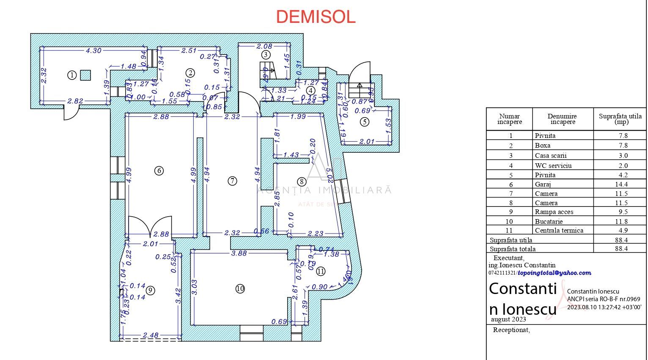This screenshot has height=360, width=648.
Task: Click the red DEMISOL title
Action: (316, 17)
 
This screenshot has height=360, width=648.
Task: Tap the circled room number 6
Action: (159, 171)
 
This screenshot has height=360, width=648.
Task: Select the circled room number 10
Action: (240, 289)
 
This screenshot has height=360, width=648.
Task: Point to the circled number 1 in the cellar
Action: (72, 75)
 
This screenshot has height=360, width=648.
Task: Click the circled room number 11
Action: (321, 271)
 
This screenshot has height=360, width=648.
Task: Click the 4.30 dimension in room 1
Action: (93, 51)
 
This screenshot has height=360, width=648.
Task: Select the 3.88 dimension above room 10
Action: (239, 253)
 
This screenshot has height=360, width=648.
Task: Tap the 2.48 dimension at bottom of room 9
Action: (151, 335)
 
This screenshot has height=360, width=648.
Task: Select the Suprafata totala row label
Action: (512, 249)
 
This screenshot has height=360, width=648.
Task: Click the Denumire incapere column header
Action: (563, 119)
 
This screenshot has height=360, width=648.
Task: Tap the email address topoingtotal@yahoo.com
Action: (555, 273)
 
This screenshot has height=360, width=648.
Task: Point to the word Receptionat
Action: (511, 330)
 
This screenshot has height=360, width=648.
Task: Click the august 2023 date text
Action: (508, 319)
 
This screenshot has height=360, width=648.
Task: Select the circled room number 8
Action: (302, 182)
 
